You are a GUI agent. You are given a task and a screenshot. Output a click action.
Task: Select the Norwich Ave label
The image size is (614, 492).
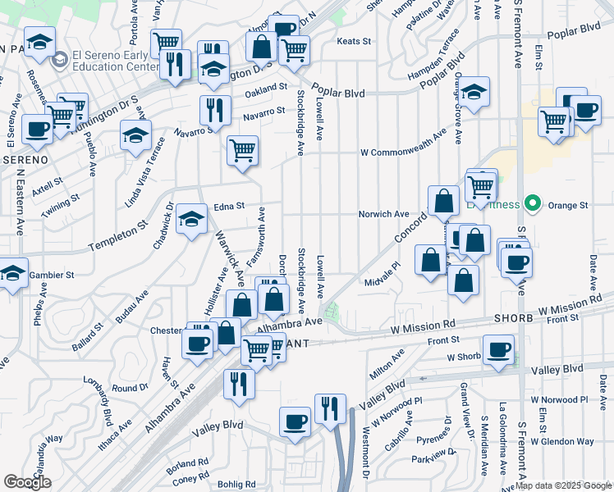383,214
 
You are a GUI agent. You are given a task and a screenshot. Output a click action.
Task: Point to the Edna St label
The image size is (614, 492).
230,207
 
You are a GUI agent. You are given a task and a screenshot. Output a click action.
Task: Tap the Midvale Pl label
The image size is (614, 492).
382,265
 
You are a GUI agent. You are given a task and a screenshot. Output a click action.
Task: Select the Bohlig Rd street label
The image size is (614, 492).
238,484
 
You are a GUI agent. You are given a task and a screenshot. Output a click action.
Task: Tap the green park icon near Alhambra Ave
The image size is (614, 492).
332,312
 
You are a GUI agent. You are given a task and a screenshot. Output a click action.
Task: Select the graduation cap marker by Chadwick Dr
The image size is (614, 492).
192,219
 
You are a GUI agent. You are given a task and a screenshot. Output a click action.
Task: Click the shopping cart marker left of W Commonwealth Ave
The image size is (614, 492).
242,150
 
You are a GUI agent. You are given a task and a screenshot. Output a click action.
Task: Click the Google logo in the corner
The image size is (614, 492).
27,482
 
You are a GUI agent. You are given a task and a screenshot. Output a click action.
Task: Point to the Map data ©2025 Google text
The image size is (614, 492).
564,485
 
